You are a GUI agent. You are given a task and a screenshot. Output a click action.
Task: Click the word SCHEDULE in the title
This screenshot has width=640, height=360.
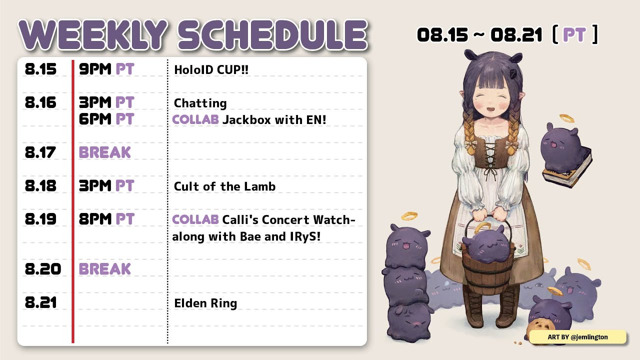[x=273, y=35]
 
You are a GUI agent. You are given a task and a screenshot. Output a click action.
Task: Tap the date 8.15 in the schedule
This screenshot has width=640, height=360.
[x=40, y=69]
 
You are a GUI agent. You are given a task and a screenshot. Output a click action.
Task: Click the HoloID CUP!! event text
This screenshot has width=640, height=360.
[x=211, y=69]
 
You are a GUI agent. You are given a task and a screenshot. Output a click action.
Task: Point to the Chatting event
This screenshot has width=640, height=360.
[x=200, y=103]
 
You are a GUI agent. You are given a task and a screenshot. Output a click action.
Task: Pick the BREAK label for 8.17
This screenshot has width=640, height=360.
[x=105, y=152]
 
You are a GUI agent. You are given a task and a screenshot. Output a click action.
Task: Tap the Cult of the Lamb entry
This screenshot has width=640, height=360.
[x=224, y=186]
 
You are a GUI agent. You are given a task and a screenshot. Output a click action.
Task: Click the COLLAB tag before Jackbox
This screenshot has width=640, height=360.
[x=195, y=119]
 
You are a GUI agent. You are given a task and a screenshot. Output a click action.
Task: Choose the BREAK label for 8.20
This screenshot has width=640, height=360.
[x=105, y=269]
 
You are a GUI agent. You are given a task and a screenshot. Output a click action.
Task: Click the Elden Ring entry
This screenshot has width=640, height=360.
[x=205, y=303]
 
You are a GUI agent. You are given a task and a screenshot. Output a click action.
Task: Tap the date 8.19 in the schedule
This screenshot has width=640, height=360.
[x=40, y=219]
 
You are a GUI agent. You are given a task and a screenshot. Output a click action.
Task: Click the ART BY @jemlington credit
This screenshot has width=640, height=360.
[x=577, y=337]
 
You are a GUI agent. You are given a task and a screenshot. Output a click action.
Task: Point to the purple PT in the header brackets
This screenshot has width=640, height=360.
[x=574, y=35]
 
